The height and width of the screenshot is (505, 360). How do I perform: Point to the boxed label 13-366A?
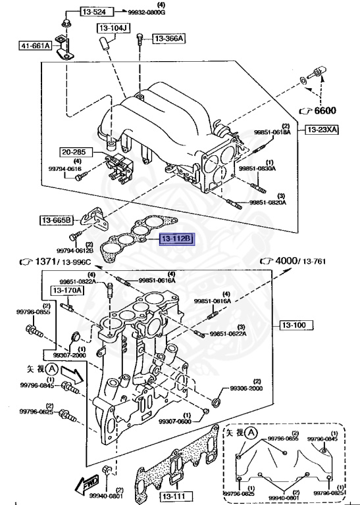(169, 39)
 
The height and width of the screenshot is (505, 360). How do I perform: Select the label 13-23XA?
(321, 130)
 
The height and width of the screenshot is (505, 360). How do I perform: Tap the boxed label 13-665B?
(55, 220)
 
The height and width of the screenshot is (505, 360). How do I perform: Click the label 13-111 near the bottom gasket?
(174, 496)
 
